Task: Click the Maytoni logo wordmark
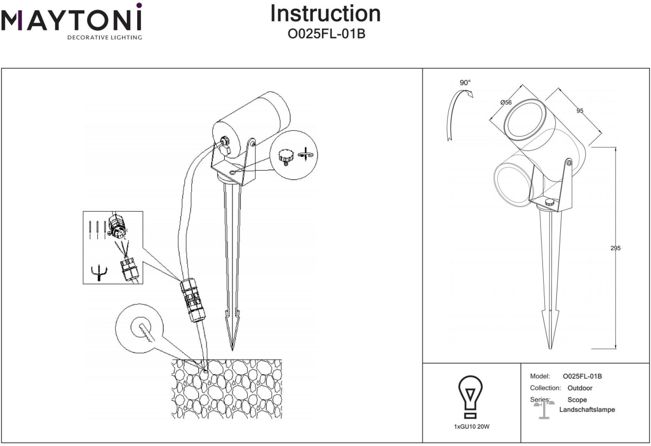[x=71, y=17]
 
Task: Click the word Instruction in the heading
[x=325, y=13]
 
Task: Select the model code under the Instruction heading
[x=326, y=34]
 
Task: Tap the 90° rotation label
[x=465, y=83]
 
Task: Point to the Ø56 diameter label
[x=506, y=102]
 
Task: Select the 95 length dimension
[x=580, y=111]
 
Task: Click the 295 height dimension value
[x=615, y=248]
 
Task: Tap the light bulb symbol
[x=470, y=397]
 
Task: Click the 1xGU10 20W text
[x=472, y=427]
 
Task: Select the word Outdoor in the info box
[x=580, y=388]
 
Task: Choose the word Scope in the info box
[x=577, y=400]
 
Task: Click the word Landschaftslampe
[x=587, y=410]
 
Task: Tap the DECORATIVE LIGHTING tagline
[x=105, y=37]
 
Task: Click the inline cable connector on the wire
[x=193, y=300]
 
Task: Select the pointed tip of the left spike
[x=232, y=350]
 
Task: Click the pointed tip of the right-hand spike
[x=550, y=348]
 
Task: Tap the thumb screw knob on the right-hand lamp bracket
[x=549, y=202]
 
